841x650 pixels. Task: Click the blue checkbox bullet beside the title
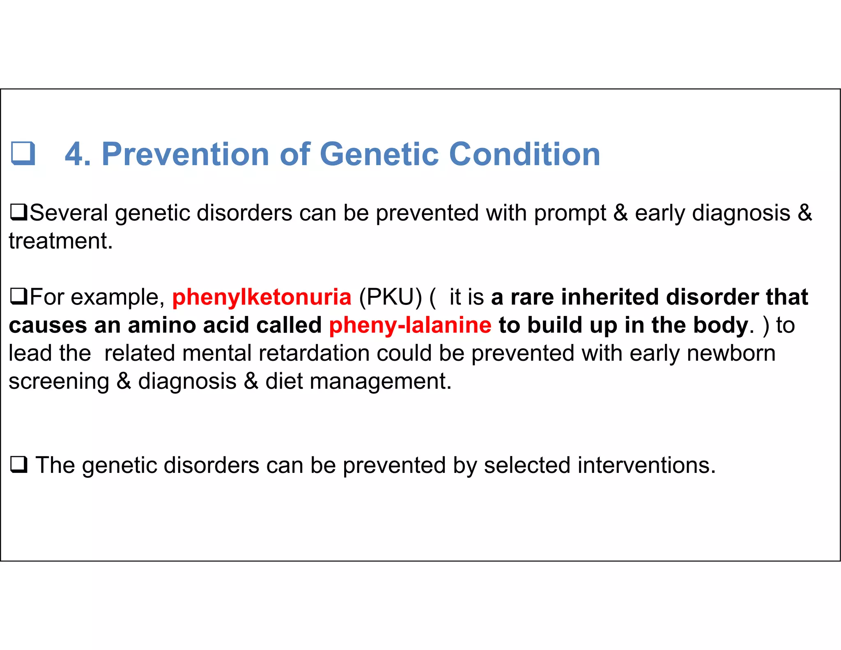[x=23, y=153]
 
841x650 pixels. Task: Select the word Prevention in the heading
[x=185, y=154]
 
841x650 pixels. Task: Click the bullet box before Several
[x=18, y=212]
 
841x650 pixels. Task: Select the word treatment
[x=60, y=241]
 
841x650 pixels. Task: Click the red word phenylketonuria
[x=262, y=297]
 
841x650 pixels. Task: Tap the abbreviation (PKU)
[x=390, y=297]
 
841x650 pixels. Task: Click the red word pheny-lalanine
[x=410, y=325]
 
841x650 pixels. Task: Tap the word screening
[x=59, y=381]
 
